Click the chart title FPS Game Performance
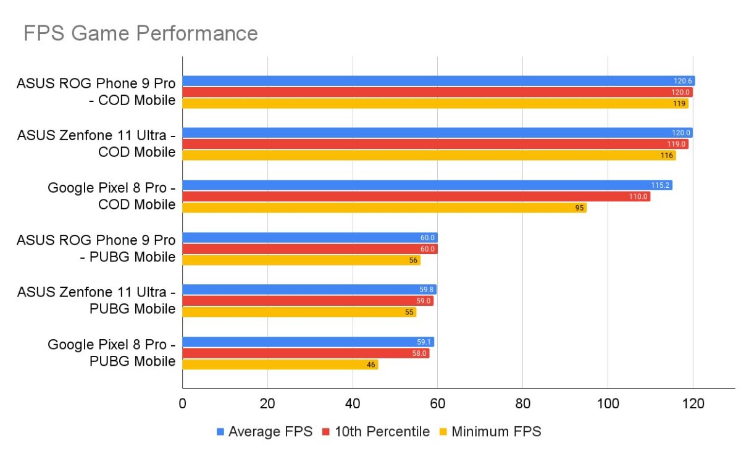140,33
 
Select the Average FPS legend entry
266,432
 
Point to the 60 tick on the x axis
437,404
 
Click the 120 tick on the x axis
692,404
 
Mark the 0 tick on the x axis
182,404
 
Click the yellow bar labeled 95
384,208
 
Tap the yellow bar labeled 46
280,364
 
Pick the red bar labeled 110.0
416,196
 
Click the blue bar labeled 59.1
308,342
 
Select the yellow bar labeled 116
429,156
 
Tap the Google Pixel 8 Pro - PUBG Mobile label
111,353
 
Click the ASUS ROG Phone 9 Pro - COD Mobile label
96,91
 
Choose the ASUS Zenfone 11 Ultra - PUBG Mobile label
96,300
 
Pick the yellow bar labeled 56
301,261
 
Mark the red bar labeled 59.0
308,301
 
